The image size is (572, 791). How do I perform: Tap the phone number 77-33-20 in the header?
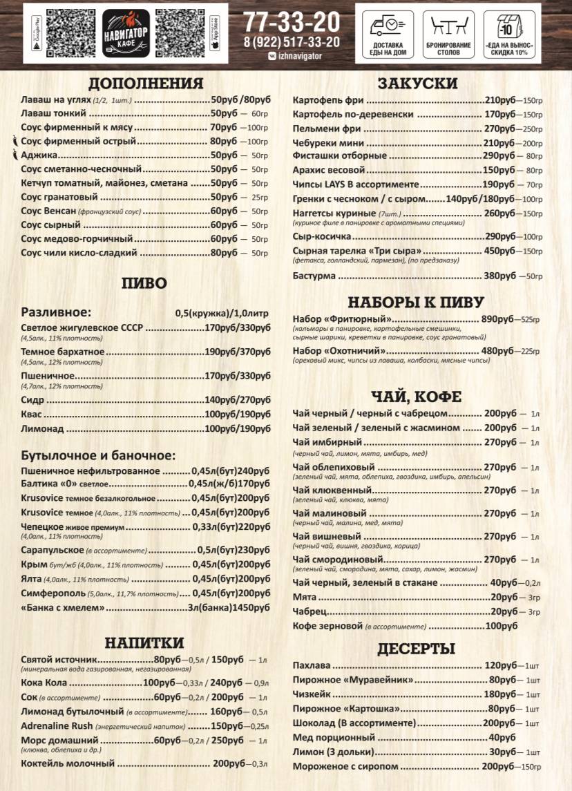click(291, 21)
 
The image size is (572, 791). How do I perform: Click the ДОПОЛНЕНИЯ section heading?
click(146, 84)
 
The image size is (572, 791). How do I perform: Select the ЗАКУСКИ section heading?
click(417, 84)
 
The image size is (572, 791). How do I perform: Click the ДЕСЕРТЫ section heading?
click(416, 648)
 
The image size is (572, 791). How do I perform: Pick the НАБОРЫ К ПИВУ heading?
click(416, 302)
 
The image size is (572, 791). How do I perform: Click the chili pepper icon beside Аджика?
click(15, 155)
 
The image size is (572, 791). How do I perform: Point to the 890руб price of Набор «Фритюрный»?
click(498, 319)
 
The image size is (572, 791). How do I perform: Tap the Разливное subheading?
click(56, 312)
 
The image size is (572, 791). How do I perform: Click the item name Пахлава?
click(312, 666)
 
